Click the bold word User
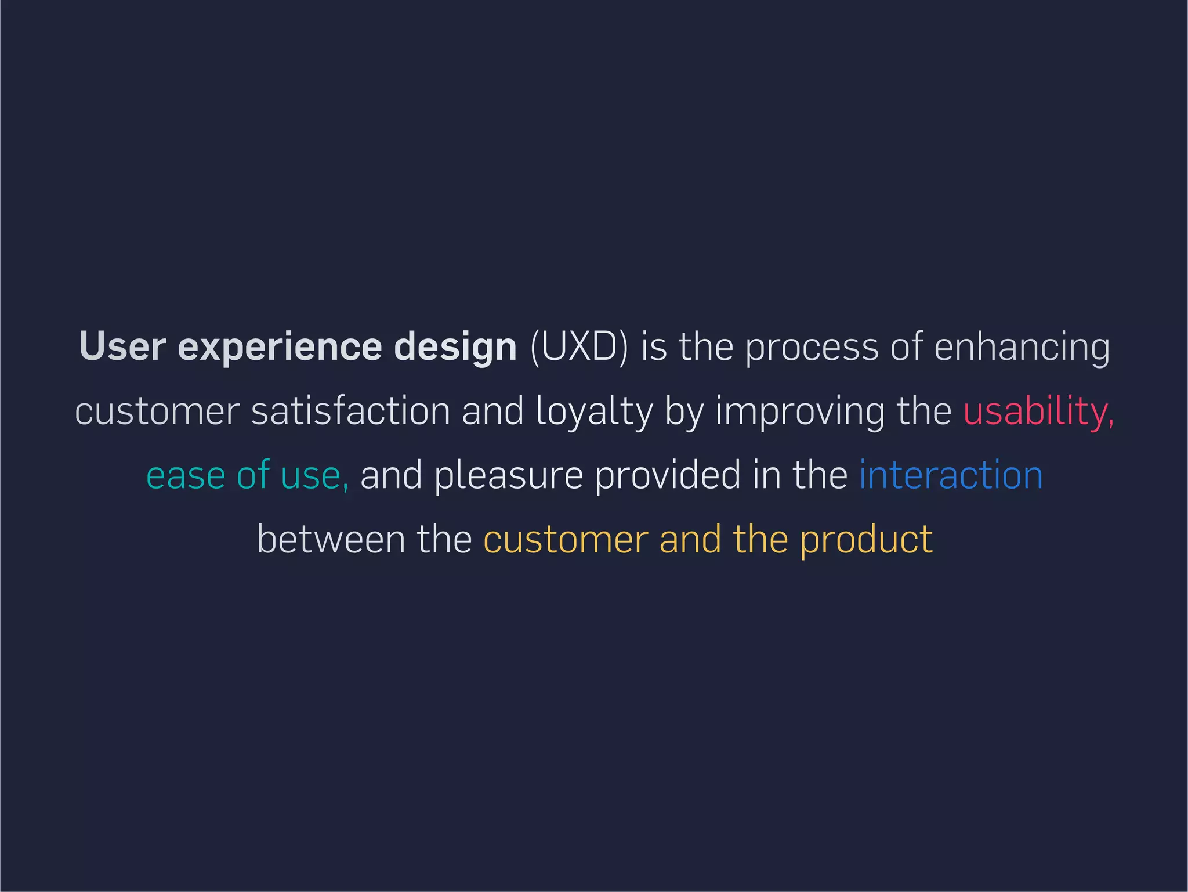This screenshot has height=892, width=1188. (122, 346)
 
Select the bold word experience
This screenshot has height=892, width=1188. (280, 348)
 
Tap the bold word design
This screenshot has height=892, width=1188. (455, 348)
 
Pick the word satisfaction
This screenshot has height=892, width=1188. (350, 411)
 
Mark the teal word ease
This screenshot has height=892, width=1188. (185, 475)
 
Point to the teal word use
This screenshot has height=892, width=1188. (314, 476)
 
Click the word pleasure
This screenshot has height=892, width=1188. (508, 476)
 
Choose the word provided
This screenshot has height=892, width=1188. (668, 475)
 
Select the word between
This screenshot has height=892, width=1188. (331, 539)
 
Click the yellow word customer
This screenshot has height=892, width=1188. (566, 539)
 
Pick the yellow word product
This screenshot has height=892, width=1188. (866, 540)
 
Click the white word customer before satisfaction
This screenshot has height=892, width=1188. (157, 411)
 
